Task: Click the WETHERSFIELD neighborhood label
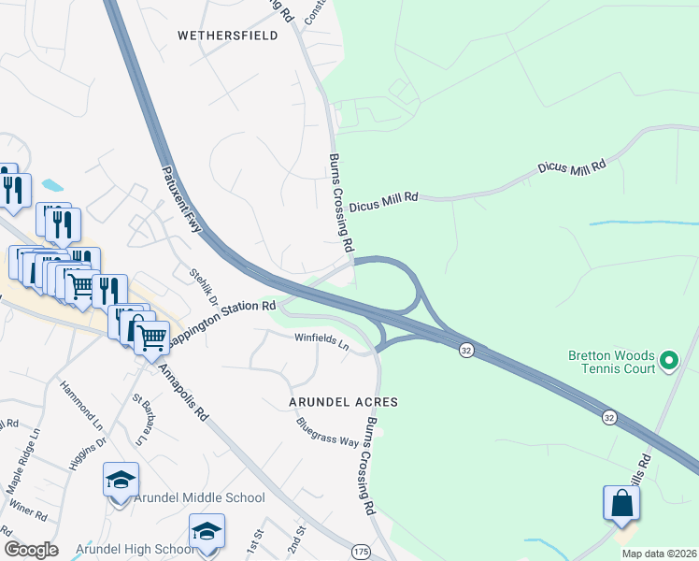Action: coord(228,36)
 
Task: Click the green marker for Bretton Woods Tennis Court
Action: coord(669,360)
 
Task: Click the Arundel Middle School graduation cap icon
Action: coord(121,481)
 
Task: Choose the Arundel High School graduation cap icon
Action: coord(207,532)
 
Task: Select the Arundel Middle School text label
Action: coord(199,498)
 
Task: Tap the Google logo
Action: coord(31,550)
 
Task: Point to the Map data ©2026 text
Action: coord(659,554)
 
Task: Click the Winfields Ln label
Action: coord(321,341)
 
